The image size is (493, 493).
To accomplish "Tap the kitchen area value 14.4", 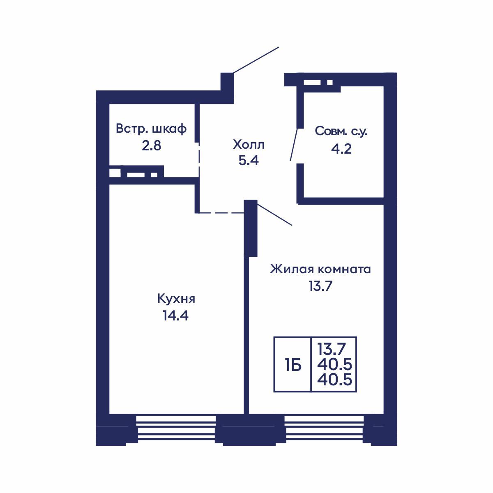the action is (x=175, y=316).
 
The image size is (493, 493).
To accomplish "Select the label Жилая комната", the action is (x=320, y=270).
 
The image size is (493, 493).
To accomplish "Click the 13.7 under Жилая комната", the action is (x=320, y=286).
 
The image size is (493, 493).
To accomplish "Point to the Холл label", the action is (x=249, y=145).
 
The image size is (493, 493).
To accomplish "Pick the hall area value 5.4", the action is (x=249, y=161).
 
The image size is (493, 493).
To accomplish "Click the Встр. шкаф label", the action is (x=151, y=129).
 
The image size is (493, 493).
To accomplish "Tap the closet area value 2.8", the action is (x=151, y=146).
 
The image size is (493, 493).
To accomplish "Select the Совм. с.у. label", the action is (x=341, y=131).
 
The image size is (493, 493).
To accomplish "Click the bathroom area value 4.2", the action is (x=341, y=149).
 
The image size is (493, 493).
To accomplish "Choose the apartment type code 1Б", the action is (x=293, y=366).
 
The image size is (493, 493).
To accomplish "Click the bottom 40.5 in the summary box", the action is (x=335, y=380).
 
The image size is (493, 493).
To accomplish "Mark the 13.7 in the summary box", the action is (x=332, y=349).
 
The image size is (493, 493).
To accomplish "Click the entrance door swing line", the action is (x=256, y=60).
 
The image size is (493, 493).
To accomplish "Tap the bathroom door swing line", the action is (x=294, y=145).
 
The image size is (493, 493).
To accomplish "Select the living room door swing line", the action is (x=274, y=214).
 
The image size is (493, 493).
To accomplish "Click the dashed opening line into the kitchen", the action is (x=221, y=212).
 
